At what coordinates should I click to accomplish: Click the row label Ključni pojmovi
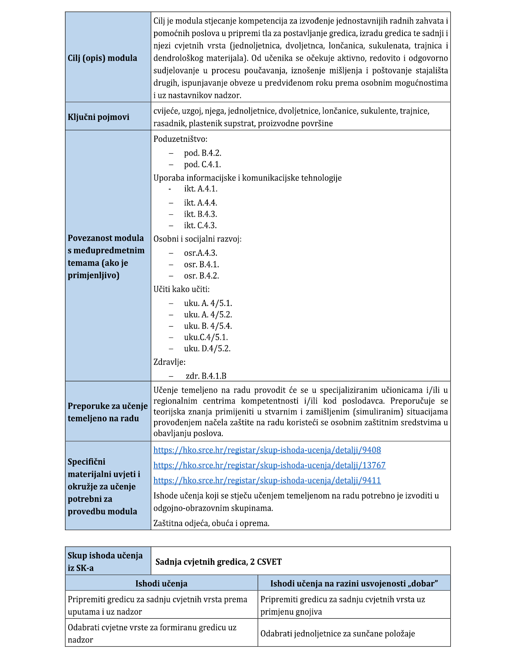tap(99, 117)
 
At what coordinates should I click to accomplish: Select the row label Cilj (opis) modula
tap(102, 58)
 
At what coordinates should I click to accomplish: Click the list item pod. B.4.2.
tap(203, 153)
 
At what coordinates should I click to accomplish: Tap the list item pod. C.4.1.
tap(202, 165)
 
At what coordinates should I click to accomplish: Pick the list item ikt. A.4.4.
tap(200, 203)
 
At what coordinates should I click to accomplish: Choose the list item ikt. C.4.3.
tap(200, 226)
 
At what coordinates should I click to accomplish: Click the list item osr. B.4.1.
tap(201, 265)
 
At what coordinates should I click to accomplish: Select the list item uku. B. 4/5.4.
tap(208, 326)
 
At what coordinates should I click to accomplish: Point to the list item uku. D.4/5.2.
tap(207, 349)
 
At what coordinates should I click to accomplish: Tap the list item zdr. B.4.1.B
tap(206, 376)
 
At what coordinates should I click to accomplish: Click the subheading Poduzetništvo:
tap(181, 139)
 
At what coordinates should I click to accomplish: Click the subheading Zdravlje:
tap(169, 362)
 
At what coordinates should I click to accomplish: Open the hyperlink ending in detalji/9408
tap(267, 450)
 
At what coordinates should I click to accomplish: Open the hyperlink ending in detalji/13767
tap(269, 465)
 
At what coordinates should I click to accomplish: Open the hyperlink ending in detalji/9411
tap(267, 481)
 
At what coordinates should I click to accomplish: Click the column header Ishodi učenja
tap(161, 583)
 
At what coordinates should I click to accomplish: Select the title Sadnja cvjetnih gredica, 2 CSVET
tap(219, 562)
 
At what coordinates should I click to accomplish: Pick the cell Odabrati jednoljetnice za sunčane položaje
tap(337, 634)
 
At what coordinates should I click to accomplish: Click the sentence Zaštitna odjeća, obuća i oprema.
tap(211, 523)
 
